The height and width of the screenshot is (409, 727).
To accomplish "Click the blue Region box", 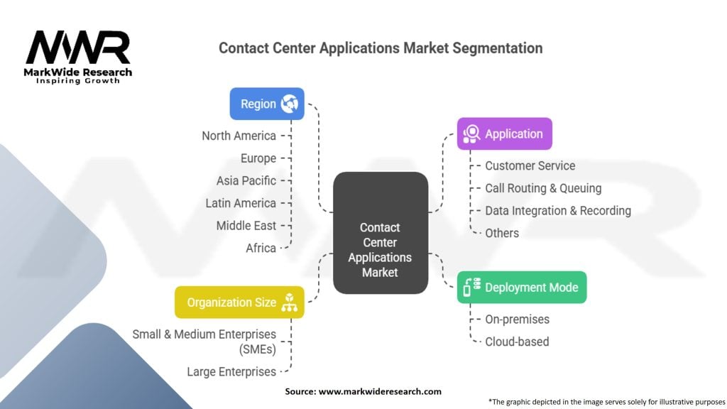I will click(x=266, y=104).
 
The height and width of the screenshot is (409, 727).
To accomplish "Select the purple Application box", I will click(x=504, y=133).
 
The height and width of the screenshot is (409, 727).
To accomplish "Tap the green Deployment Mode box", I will click(x=521, y=288).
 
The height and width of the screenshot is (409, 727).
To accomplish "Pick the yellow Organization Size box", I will click(x=239, y=302).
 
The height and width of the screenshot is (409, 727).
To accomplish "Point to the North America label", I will click(x=239, y=136).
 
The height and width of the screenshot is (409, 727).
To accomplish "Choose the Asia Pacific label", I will click(x=246, y=180).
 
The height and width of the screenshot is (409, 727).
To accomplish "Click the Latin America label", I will click(x=241, y=203).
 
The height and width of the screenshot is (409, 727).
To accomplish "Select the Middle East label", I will click(x=246, y=226).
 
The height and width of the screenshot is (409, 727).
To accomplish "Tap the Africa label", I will click(x=261, y=248).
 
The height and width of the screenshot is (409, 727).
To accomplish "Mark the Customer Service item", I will click(x=530, y=165).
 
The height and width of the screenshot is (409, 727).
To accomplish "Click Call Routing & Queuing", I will click(x=543, y=188).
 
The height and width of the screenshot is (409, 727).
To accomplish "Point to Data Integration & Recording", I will click(x=557, y=211).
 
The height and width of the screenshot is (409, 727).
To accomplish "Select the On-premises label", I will click(x=517, y=320).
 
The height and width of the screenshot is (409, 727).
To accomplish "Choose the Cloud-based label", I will click(x=517, y=342).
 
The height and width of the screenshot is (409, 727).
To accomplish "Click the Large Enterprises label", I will click(x=231, y=371).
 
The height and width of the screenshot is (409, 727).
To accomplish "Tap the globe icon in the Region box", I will click(x=289, y=104).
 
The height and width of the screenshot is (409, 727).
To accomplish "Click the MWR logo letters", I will click(x=78, y=48).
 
